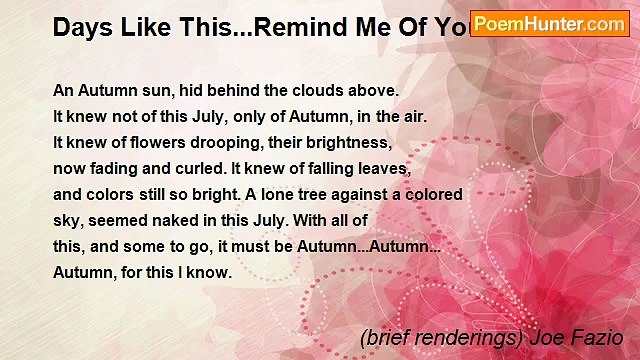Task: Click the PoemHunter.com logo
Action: click(x=550, y=24)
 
